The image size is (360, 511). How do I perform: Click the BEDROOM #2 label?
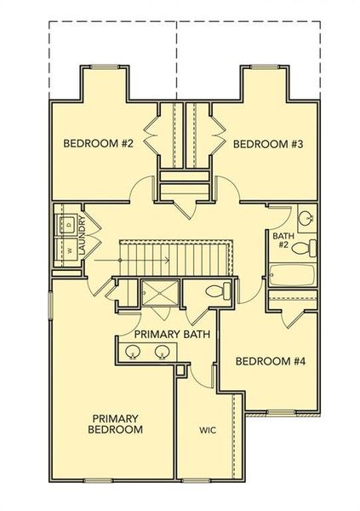99,143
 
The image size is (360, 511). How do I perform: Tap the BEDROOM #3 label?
268,143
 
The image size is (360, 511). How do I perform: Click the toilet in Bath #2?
311,248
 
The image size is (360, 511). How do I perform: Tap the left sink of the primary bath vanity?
134,351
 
